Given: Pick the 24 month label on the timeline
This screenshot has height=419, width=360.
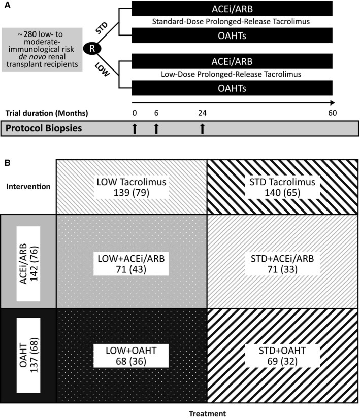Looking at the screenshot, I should coord(202,113).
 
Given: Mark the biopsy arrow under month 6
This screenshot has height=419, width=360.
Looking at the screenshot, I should coord(156,129).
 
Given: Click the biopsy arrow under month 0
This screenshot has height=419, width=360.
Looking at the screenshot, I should coord(135,129).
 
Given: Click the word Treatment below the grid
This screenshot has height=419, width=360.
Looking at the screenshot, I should coord(208,413).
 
